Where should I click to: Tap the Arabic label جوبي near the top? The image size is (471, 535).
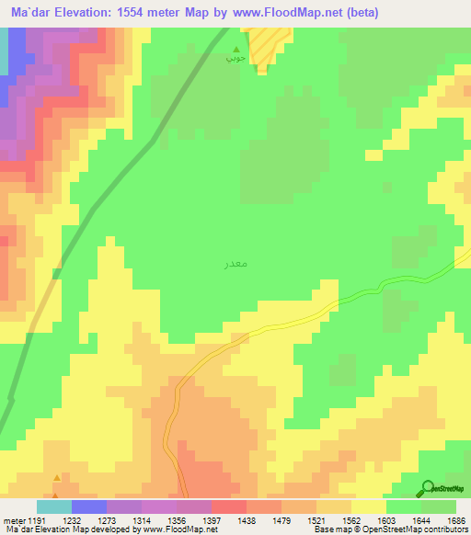pos(235,60)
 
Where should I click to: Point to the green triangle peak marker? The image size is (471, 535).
pos(237,50)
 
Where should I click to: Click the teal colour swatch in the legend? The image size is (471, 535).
pos(53,507)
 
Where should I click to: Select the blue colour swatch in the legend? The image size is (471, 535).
pos(88,507)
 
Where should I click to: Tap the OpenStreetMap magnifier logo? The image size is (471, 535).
pos(429,488)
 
